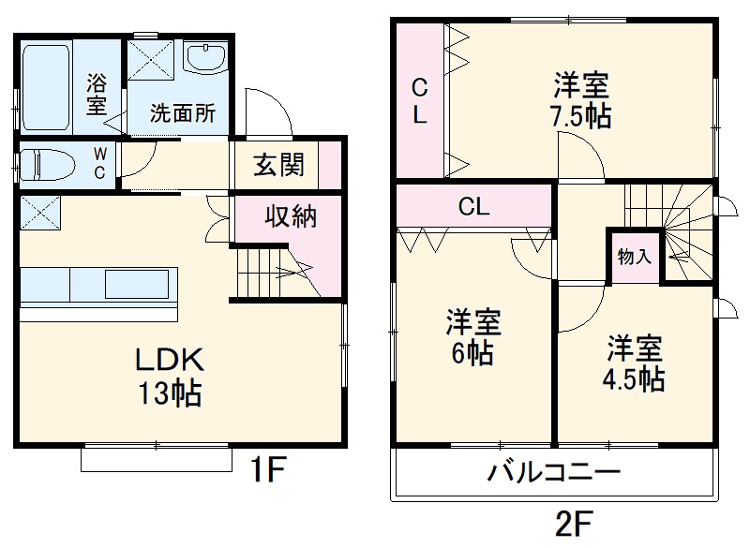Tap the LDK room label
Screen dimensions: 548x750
[171, 360]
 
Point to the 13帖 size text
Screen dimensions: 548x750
[171, 394]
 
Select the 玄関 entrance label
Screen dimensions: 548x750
[278, 166]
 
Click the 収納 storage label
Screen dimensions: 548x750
[289, 216]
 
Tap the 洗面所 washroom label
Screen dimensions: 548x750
[184, 113]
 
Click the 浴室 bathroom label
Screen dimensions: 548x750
[97, 93]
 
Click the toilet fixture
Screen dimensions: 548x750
[47, 164]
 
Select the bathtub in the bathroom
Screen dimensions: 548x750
[44, 85]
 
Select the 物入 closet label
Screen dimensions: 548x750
[635, 256]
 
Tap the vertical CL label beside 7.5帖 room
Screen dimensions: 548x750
[420, 103]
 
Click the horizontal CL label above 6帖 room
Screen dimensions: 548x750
[473, 207]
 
